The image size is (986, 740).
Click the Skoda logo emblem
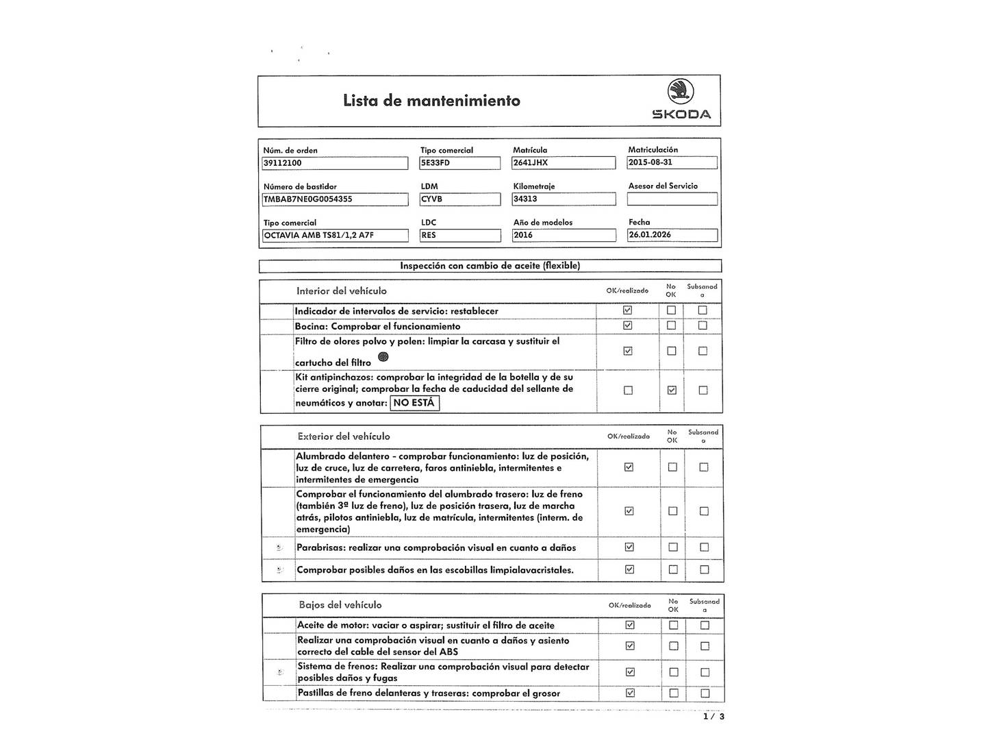coord(681,92)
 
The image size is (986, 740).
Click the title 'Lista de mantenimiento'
coord(431,101)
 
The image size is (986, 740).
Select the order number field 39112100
coord(335,163)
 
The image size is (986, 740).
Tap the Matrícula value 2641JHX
coord(564,163)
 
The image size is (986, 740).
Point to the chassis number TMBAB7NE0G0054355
coord(335,199)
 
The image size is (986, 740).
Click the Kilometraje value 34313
coord(564,199)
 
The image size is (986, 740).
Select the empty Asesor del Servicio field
coord(672,199)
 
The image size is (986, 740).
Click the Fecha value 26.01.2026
coord(672,235)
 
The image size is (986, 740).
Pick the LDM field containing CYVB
coord(459,199)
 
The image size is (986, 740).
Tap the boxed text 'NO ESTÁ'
coord(414,403)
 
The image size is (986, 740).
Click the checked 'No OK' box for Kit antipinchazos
coord(672,390)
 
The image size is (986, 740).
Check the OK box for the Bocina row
coord(627,325)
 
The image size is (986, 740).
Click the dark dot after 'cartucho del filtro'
coord(383,356)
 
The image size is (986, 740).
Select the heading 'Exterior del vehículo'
coord(344,436)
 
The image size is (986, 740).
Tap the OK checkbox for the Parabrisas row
coord(629,547)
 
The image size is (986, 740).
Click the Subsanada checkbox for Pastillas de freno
coord(705,693)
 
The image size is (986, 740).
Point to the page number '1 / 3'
coord(713,717)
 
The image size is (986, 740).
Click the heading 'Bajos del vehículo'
coord(340,605)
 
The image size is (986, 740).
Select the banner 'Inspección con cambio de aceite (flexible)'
coord(490,266)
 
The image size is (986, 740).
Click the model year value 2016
coord(564,235)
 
